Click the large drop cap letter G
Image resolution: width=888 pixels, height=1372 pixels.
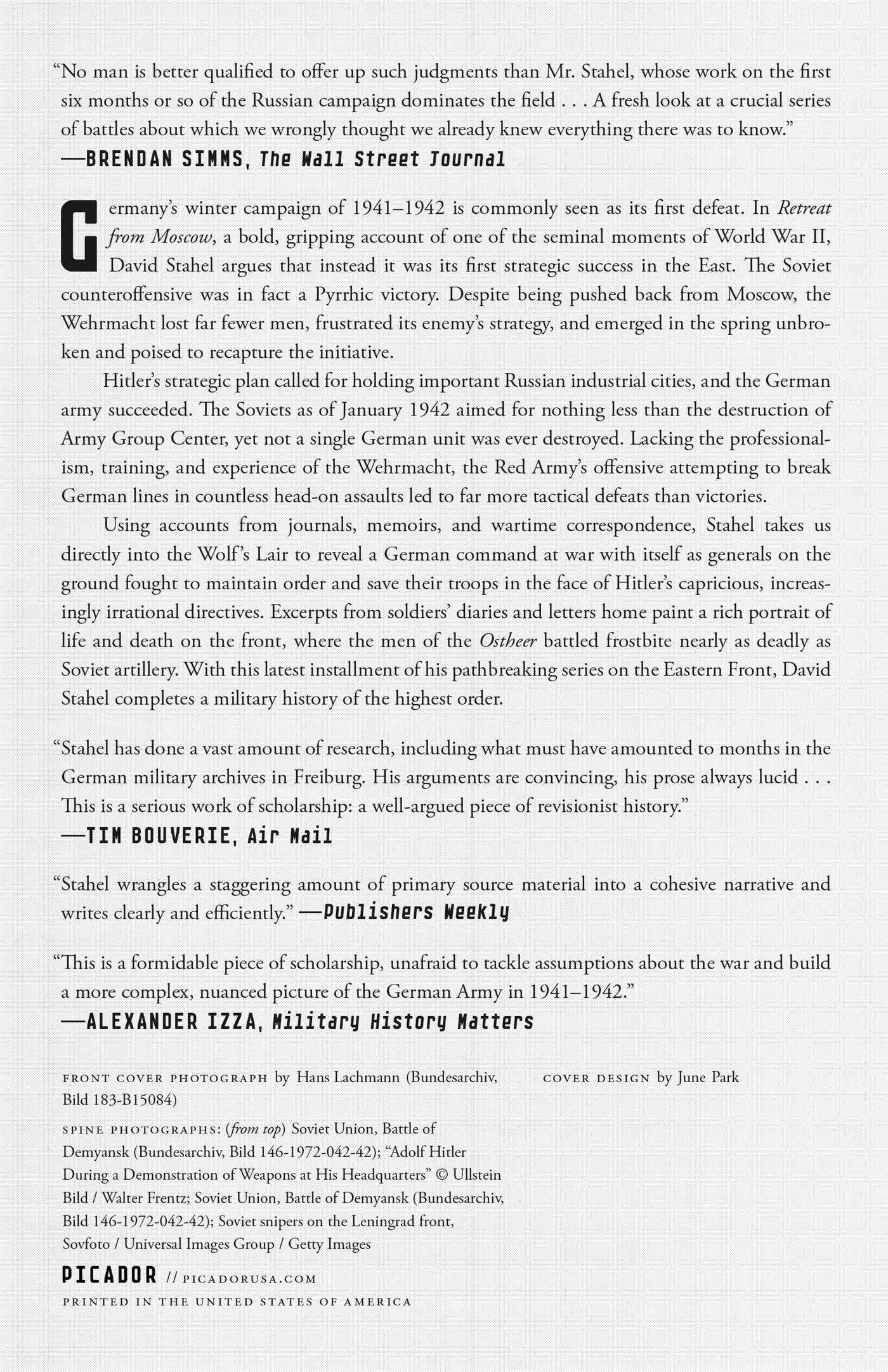(80, 235)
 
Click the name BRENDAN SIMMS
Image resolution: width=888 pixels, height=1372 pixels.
(165, 159)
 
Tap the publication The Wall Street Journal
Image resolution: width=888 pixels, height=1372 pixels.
(382, 159)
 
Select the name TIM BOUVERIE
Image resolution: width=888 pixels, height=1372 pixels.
(159, 836)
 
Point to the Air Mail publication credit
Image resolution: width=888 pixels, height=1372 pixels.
(290, 836)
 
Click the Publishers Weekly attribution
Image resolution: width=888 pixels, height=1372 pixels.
(416, 913)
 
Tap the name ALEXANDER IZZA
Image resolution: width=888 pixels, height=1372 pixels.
(171, 1021)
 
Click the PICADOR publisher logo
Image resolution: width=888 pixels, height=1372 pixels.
(109, 1275)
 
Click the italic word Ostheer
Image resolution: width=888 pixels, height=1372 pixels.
(508, 641)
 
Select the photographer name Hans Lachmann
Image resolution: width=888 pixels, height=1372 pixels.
(348, 1077)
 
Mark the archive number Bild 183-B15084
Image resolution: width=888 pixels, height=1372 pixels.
(120, 1099)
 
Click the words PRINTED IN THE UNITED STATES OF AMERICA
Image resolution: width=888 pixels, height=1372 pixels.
(237, 1302)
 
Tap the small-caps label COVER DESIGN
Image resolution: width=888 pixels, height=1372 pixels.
(596, 1078)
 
